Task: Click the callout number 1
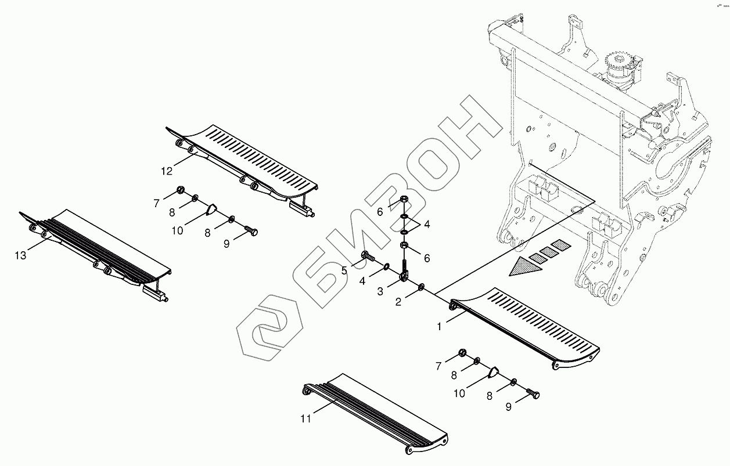click(440, 327)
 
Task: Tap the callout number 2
click(398, 301)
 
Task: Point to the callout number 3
click(380, 291)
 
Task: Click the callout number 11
click(306, 418)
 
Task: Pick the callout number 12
click(167, 171)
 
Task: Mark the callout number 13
click(21, 255)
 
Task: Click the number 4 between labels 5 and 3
click(363, 281)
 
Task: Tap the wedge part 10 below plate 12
click(212, 209)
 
